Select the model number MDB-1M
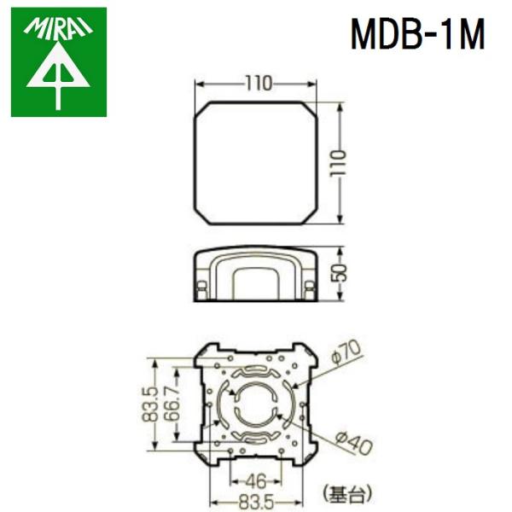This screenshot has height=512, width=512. (x=417, y=35)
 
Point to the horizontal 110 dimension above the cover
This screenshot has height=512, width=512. (x=257, y=84)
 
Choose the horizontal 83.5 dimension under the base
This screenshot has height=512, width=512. (x=256, y=499)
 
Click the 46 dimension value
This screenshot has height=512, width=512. (x=255, y=479)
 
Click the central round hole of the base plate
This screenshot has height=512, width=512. (x=256, y=406)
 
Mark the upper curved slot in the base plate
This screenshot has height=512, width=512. (x=256, y=374)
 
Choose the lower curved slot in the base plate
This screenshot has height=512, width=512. (x=256, y=439)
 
